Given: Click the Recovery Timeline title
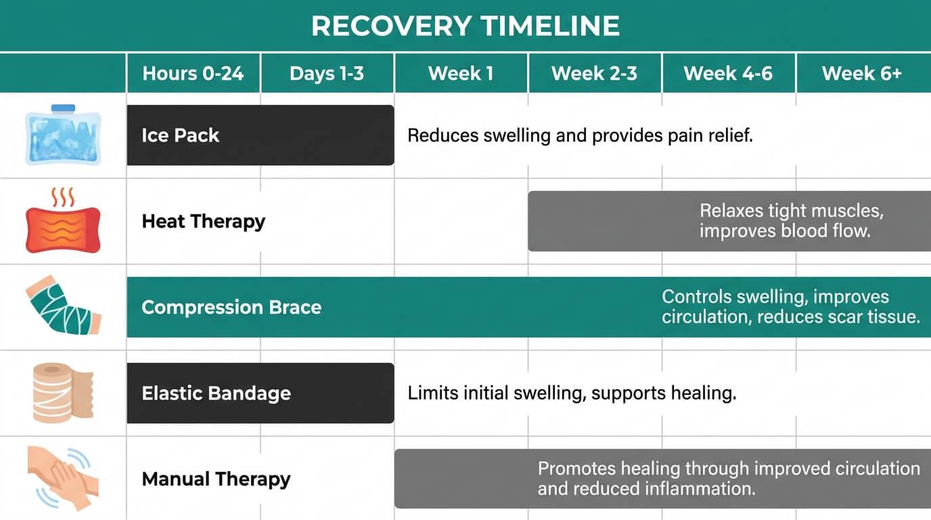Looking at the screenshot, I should (x=465, y=26).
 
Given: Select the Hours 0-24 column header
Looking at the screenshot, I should (x=193, y=73).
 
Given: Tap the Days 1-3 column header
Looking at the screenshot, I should (x=327, y=73).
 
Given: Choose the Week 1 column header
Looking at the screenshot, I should (x=461, y=73).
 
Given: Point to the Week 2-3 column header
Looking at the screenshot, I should (x=594, y=73).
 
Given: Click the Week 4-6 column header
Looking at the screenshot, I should (x=728, y=73).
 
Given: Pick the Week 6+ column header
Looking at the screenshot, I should (x=862, y=73).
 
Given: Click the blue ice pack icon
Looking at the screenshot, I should (x=63, y=135).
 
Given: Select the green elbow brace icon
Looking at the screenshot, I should (x=62, y=307).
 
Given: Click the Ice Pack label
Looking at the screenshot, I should (x=180, y=135).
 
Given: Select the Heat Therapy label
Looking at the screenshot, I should (x=203, y=221).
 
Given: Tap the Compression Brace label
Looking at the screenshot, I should (x=231, y=307).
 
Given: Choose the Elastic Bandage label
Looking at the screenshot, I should (x=216, y=393).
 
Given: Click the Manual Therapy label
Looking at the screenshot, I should (x=216, y=479).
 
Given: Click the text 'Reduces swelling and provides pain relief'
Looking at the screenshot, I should (x=580, y=135).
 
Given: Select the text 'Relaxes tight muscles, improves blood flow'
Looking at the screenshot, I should (x=792, y=221).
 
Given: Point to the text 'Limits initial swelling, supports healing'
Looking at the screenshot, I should (x=572, y=393).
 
